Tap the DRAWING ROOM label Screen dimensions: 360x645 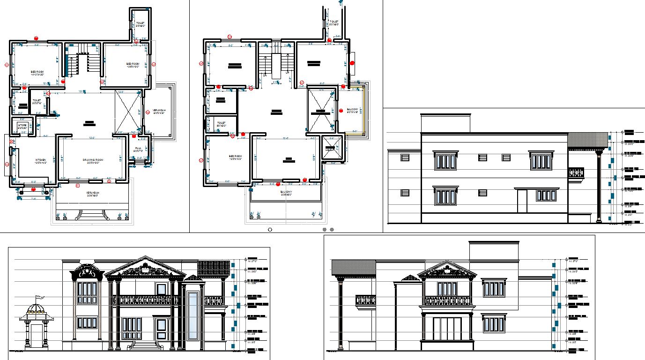93,160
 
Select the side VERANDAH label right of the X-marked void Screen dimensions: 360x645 160,111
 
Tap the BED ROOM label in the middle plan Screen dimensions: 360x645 235,157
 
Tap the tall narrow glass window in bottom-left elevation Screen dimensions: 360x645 193,314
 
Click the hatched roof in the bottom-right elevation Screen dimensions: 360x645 354,267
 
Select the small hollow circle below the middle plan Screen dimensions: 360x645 269,230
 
